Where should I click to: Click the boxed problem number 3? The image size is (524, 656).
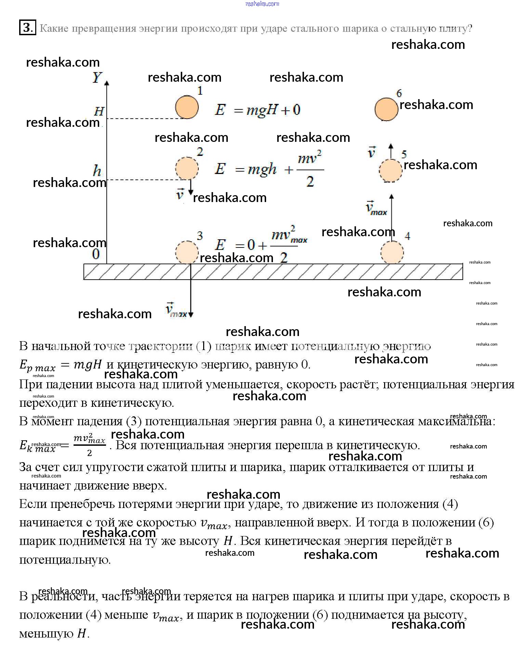point(27,28)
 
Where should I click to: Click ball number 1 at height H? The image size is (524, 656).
point(187,107)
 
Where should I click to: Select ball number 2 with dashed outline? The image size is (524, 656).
point(187,168)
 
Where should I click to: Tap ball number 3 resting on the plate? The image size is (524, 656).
point(187,252)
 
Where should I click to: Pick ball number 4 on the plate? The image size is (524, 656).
point(392,253)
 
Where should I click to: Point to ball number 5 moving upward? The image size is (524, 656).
point(390,170)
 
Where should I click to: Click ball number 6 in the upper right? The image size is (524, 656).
point(386,109)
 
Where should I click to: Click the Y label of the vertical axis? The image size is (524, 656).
point(97,78)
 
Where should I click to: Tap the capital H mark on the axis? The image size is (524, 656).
point(99,111)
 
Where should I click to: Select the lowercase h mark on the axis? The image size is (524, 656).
point(97,170)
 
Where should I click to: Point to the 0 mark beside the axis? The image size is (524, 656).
point(96,254)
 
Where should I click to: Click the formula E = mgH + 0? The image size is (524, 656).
point(258,110)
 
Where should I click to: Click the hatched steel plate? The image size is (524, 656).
point(273,272)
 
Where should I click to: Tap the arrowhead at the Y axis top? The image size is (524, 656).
point(107,82)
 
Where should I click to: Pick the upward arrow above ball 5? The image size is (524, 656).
point(391,150)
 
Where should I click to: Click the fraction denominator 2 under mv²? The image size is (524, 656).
point(310,182)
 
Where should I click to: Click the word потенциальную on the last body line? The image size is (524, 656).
point(65,560)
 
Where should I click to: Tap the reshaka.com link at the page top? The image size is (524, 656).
point(262,4)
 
